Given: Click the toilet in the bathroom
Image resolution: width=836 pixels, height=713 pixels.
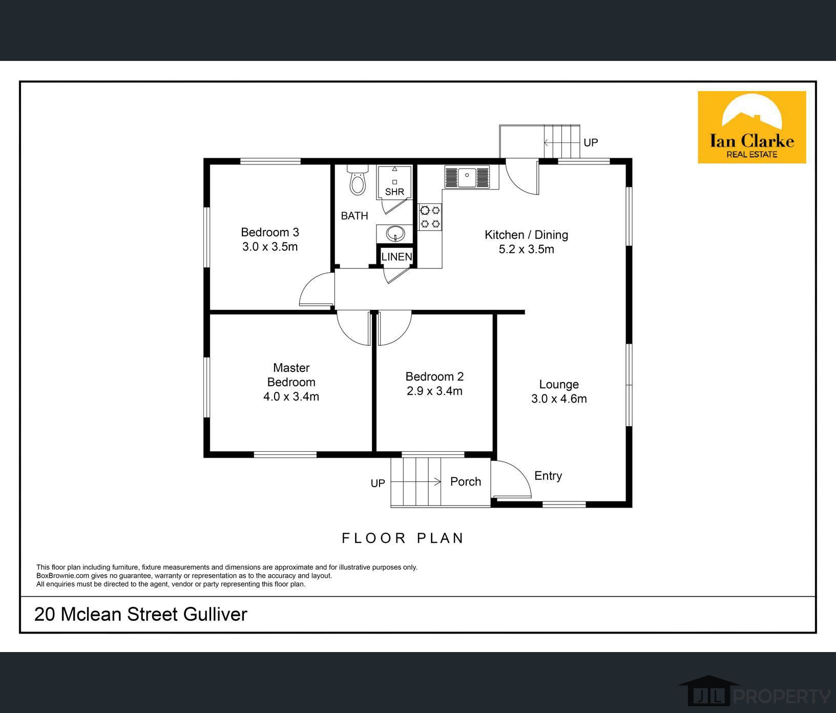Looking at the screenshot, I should point(358,181).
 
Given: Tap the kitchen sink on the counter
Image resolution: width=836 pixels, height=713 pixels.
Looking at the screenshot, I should point(467,177).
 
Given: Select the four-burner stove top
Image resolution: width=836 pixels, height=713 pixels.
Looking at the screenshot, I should point(430,217).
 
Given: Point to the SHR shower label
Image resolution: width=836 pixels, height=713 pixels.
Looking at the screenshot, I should point(394,192).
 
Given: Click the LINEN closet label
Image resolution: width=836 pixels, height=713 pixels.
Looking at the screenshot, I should point(396,257).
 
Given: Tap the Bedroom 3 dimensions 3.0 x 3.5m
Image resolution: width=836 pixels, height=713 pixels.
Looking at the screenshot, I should point(270,247).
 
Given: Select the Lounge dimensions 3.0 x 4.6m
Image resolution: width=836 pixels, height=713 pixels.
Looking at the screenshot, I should point(559,399).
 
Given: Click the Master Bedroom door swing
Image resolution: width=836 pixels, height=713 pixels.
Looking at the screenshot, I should point(352,329).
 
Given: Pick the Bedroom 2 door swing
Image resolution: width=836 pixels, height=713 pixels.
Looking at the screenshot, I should point(394,329).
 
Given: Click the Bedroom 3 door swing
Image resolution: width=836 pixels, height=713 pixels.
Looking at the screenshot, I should point(316,291).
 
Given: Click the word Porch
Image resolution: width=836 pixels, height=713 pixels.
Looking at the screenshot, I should point(466,481).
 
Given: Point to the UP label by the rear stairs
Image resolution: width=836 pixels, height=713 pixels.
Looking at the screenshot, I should point(591,142).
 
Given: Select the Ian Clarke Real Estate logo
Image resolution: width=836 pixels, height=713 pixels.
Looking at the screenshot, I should point(751,128).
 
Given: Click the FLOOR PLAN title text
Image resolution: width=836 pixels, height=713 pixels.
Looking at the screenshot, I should point(403,538).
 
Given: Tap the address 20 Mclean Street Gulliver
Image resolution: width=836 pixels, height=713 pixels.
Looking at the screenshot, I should point(141,614).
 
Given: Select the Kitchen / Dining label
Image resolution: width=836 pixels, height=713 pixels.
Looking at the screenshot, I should point(526,235).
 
